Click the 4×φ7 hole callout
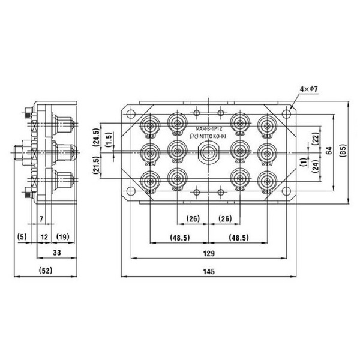(309, 89)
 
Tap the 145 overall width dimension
(209, 272)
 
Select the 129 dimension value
(209, 253)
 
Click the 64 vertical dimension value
(329, 151)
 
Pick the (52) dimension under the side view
(46, 271)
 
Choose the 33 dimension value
(57, 253)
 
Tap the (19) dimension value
(62, 236)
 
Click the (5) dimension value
(22, 236)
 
